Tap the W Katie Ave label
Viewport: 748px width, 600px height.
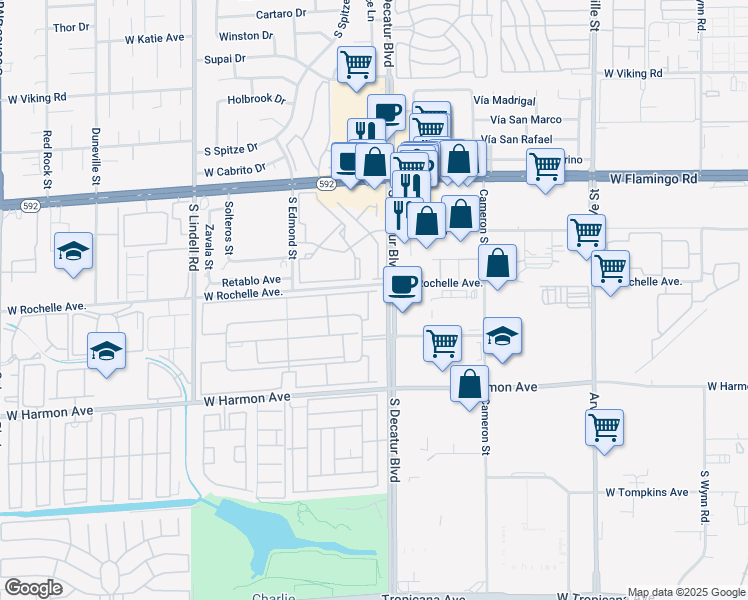(x=155, y=38)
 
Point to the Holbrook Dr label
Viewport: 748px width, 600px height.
(x=257, y=99)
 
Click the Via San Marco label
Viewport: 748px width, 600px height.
(x=518, y=120)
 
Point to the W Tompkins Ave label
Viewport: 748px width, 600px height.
(x=646, y=492)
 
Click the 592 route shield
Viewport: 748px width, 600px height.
(x=326, y=184)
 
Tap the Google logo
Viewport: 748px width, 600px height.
(x=33, y=588)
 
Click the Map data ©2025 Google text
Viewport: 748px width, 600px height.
(x=686, y=592)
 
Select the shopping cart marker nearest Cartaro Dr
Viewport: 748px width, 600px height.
(x=356, y=65)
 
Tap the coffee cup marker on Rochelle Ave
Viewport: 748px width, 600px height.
(x=402, y=285)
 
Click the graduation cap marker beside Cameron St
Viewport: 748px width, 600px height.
(x=502, y=337)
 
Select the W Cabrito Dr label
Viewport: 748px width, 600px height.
(x=236, y=171)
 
